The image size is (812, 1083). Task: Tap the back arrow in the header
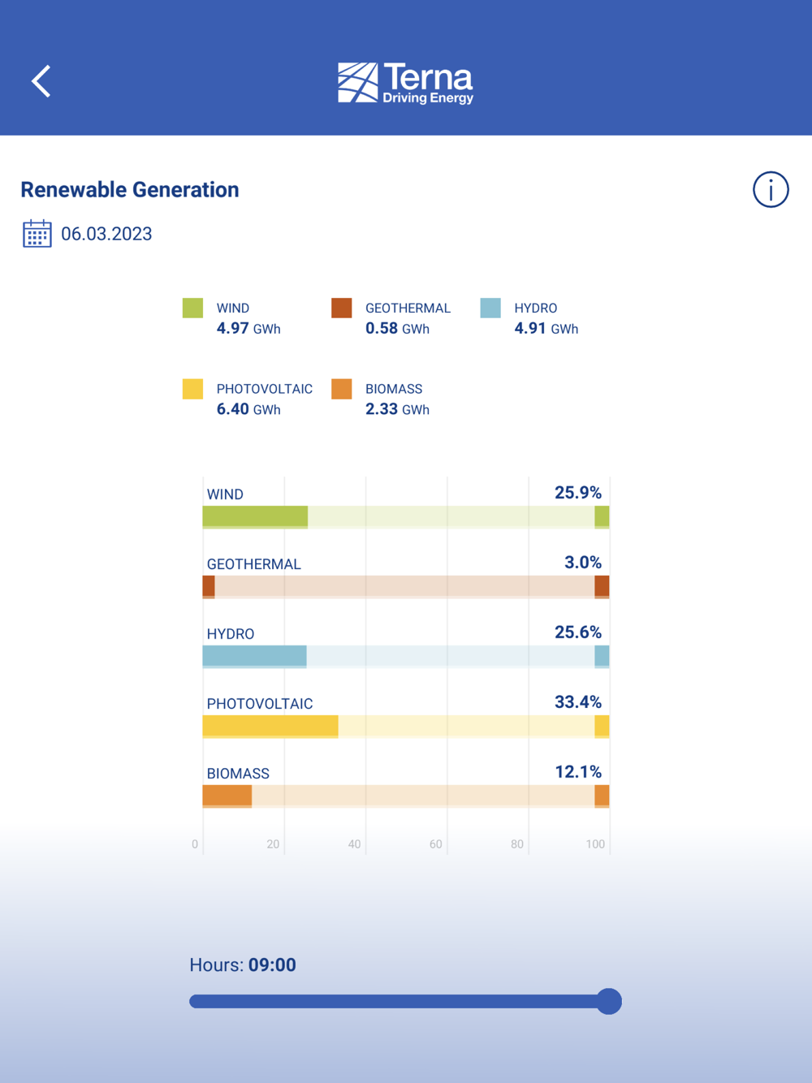tap(41, 81)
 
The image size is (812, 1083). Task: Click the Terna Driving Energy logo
tap(405, 83)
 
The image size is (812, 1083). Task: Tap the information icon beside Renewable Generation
tap(770, 190)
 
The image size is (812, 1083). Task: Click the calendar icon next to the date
tap(37, 234)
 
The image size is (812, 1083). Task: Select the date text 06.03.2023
tap(106, 235)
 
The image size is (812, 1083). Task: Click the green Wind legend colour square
tap(192, 309)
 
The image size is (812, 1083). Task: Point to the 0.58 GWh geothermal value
tap(397, 329)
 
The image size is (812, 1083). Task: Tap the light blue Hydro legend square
tap(490, 309)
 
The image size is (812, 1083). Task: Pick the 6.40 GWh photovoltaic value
tap(248, 410)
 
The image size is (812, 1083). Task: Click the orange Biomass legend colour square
tap(342, 389)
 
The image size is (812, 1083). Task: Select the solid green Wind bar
tap(255, 516)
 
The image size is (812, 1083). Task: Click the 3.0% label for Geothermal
tap(583, 563)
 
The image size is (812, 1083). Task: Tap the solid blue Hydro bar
tap(254, 656)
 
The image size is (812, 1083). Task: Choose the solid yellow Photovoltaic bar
tap(270, 726)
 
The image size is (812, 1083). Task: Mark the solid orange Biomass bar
tap(227, 796)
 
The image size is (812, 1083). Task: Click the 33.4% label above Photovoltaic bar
tap(577, 702)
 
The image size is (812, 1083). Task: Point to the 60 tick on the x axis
tap(436, 844)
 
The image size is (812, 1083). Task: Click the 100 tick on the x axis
tap(595, 844)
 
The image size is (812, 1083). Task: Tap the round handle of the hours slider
tap(609, 1002)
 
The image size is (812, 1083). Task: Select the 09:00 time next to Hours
tap(272, 965)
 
